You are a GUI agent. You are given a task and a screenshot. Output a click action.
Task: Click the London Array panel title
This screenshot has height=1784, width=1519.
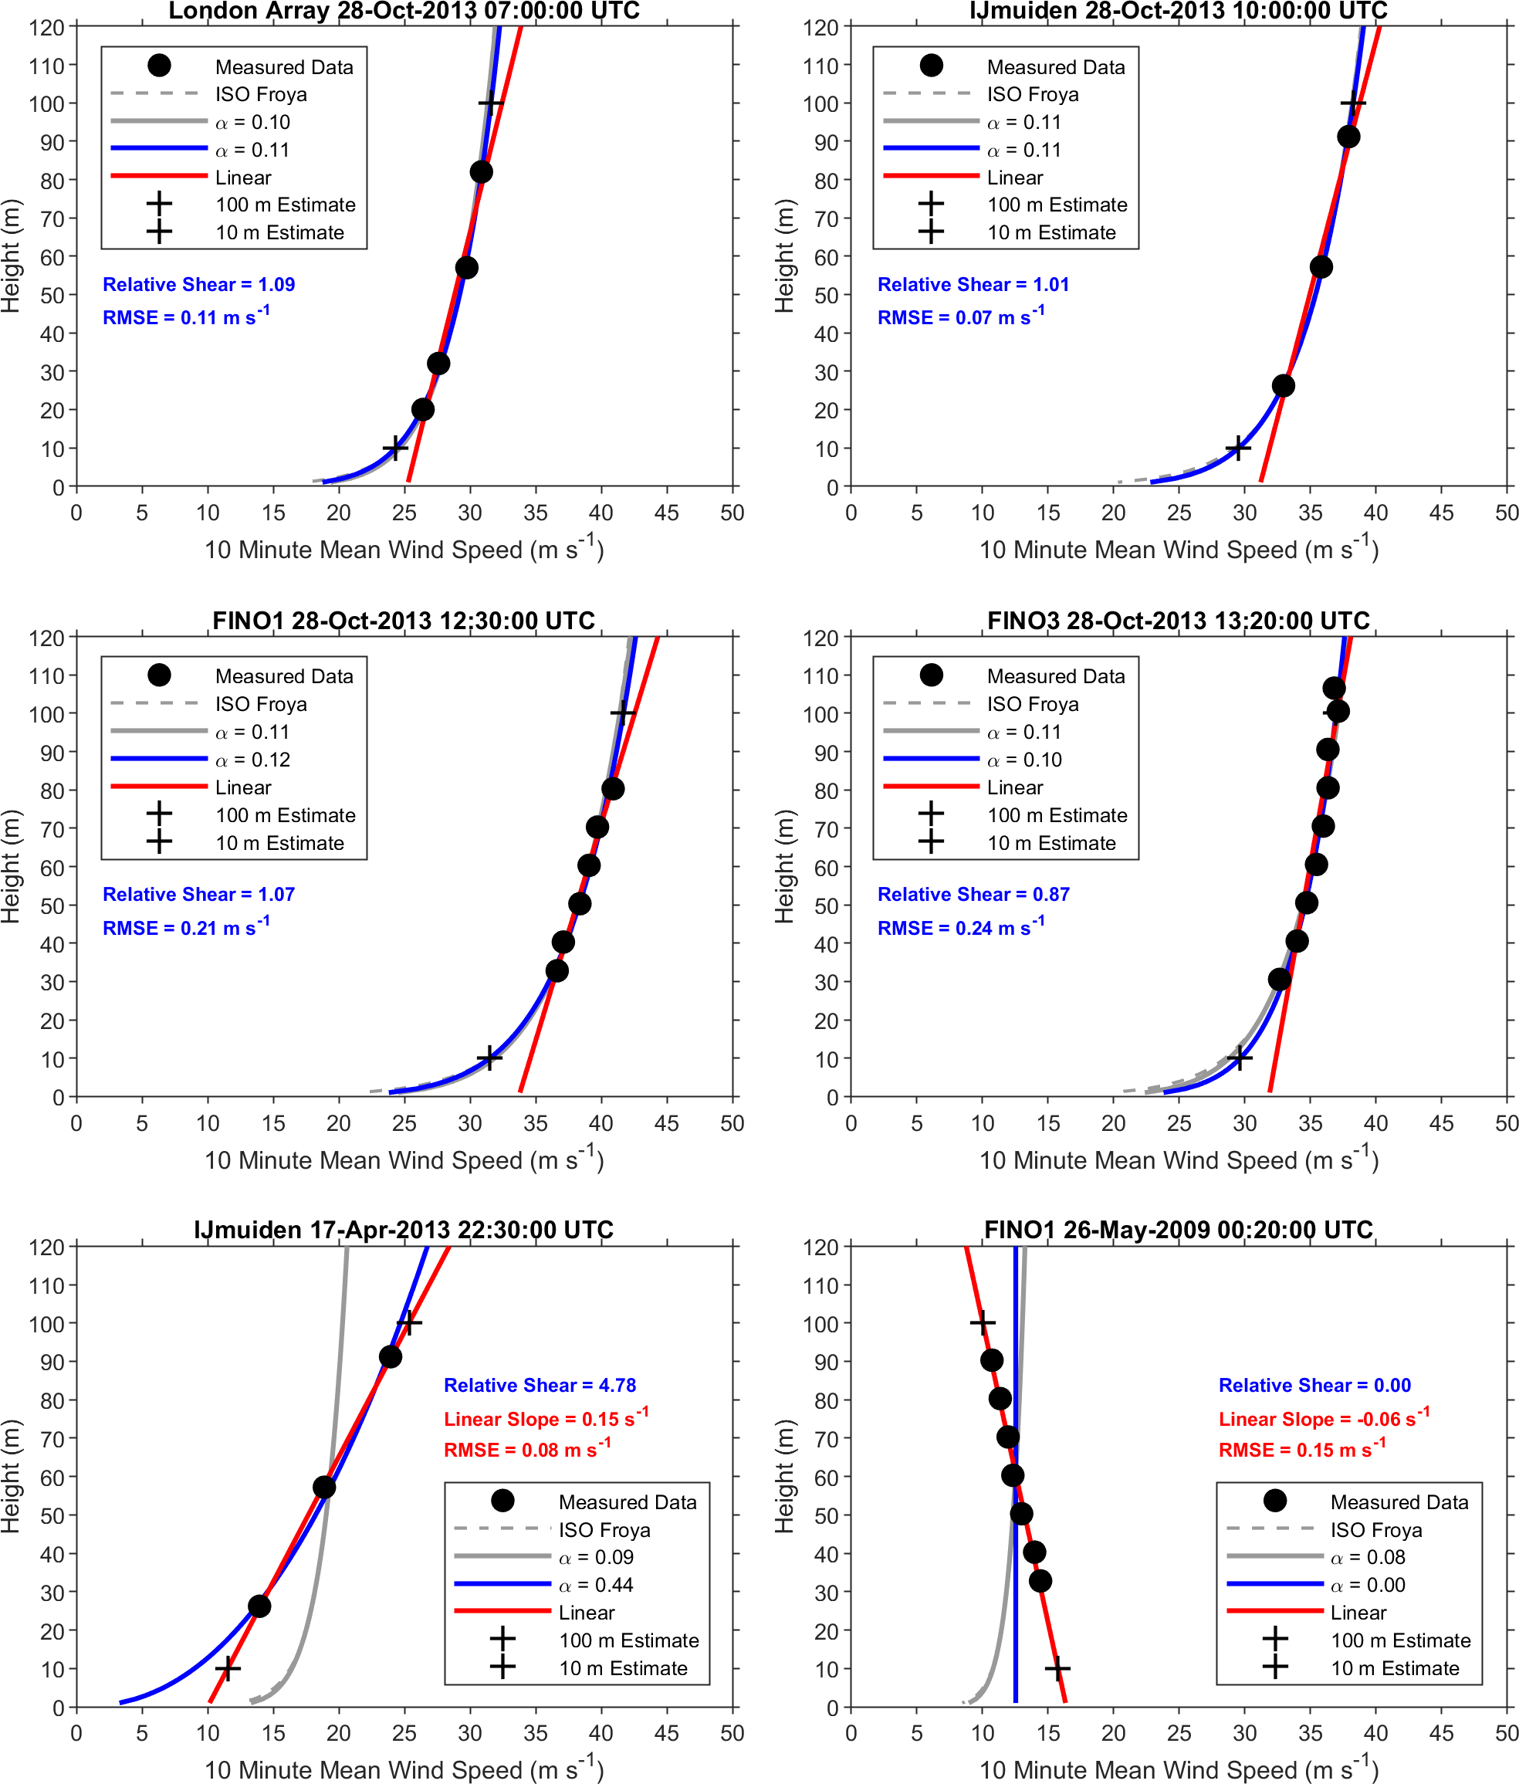click(404, 11)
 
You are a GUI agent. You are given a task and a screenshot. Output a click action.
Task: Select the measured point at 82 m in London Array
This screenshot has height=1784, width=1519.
click(482, 172)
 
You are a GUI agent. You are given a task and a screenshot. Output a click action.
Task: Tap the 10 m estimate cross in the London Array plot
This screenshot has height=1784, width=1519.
click(395, 449)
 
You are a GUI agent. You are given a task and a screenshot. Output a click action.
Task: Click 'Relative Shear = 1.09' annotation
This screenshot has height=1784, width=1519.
click(199, 285)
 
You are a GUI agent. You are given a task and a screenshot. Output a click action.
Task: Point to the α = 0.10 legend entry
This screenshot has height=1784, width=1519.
click(252, 122)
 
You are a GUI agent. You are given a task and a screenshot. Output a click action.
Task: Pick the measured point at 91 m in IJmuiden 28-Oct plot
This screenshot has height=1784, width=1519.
click(1348, 137)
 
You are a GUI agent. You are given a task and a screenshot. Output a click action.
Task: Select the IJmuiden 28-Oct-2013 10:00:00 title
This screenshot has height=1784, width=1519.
click(1178, 11)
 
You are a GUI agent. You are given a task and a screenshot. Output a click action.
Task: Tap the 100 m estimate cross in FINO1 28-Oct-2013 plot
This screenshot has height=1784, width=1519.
click(623, 713)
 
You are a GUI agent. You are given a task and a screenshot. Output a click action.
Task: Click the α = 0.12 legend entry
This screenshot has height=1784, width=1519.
click(252, 760)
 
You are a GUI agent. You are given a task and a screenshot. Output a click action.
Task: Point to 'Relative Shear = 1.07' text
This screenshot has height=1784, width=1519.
click(199, 895)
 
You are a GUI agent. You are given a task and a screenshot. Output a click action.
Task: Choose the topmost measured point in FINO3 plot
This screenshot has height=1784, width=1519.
click(1334, 688)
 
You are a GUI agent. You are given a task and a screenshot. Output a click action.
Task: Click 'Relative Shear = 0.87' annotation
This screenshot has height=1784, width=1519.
click(973, 895)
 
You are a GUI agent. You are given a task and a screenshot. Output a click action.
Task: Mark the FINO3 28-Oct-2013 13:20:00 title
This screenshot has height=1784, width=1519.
click(1178, 621)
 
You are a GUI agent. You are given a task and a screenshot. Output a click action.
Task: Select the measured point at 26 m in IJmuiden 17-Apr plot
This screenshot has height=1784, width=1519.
click(259, 1606)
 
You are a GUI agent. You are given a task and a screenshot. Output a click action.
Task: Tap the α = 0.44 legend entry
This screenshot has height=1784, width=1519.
click(596, 1585)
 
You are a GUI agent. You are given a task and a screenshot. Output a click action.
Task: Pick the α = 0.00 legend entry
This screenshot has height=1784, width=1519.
click(1368, 1585)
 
